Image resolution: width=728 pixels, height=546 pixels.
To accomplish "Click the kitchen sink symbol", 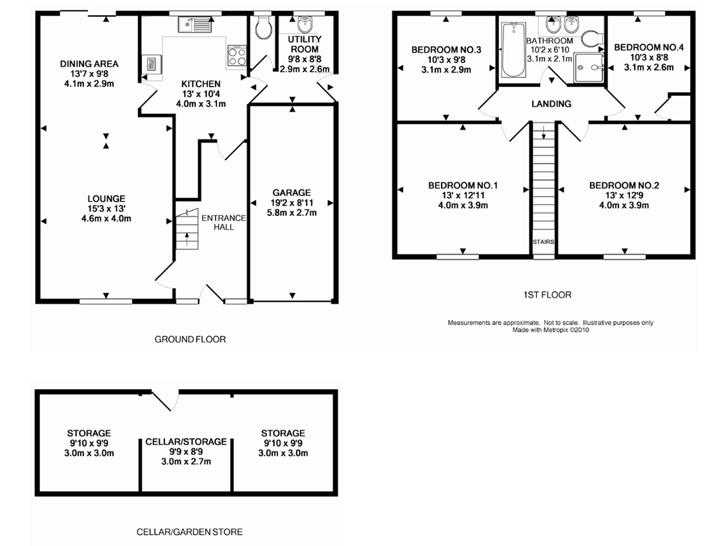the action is (x=195, y=24).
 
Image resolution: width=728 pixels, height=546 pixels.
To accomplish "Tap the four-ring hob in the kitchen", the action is (x=237, y=56).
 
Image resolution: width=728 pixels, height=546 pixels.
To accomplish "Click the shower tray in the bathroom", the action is (x=588, y=67).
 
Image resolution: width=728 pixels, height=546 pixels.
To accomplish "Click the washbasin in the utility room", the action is (x=304, y=24).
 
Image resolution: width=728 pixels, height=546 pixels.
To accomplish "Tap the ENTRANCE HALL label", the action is (x=224, y=223).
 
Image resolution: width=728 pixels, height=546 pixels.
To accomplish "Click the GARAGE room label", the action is (x=292, y=193).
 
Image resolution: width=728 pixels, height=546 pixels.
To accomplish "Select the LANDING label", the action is (x=551, y=104).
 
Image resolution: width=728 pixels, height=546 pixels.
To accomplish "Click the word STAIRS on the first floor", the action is (x=544, y=242).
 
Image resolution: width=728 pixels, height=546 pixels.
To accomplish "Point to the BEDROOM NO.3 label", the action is (x=446, y=50).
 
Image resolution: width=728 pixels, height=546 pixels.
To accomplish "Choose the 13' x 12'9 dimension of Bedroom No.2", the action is (x=624, y=195).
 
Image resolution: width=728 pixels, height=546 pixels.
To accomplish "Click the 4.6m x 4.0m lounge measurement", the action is (x=106, y=218).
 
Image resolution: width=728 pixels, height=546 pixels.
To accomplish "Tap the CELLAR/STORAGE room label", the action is (x=186, y=442).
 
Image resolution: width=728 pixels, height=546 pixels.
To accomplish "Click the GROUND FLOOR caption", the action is (x=190, y=339).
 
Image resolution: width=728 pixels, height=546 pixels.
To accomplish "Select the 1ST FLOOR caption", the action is (x=547, y=295).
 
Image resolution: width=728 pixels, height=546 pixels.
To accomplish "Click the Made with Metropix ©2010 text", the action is (x=550, y=330).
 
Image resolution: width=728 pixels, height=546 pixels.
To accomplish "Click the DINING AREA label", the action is (x=89, y=64).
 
